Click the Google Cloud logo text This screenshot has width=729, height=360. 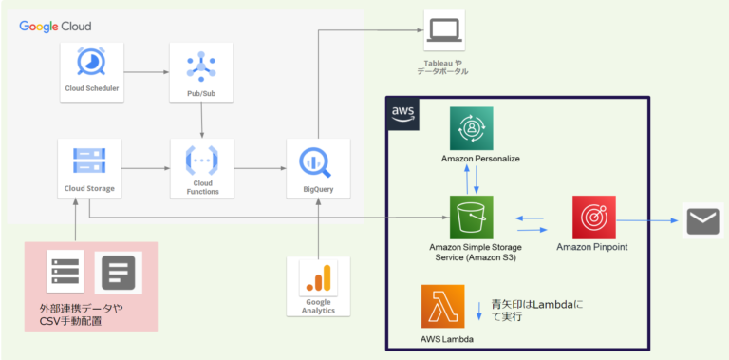(x=56, y=26)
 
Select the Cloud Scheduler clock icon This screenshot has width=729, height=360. (x=93, y=62)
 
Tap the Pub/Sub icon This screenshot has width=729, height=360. (x=201, y=64)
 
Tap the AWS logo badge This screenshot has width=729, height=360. (x=403, y=112)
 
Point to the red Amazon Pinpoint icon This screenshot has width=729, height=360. (x=593, y=218)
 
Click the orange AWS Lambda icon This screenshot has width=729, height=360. (x=443, y=307)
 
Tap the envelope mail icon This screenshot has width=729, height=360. (x=704, y=222)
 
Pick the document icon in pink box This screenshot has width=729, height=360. (x=118, y=272)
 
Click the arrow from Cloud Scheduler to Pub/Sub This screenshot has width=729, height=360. (x=147, y=70)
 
